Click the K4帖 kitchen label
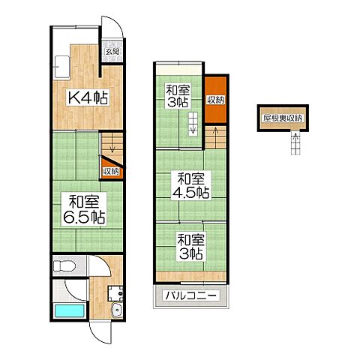coord(88,97)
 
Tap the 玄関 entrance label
coord(112,52)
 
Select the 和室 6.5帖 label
coord(84,209)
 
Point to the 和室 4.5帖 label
coord(191,185)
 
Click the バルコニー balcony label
coord(190,295)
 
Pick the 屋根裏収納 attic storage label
coord(283,118)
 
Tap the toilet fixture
coord(64,265)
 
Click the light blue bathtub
coord(69,310)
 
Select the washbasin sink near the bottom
coord(116,310)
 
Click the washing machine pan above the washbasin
coord(115,293)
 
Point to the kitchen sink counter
coord(61,67)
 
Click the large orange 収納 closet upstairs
coord(216,100)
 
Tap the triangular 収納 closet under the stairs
coord(112,167)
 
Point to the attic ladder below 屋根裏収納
coord(296,142)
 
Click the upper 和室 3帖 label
coord(178,96)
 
